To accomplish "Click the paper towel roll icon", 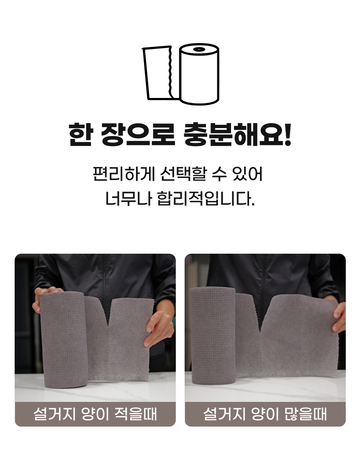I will (199, 75).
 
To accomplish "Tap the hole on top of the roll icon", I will (199, 50).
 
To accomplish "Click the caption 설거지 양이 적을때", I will (95, 414).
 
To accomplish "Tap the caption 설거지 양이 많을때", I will (265, 414).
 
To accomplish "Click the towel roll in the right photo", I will (213, 335).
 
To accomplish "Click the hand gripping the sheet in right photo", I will (339, 317).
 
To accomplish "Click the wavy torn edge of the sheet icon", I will (170, 73).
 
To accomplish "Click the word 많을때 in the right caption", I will (309, 414).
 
